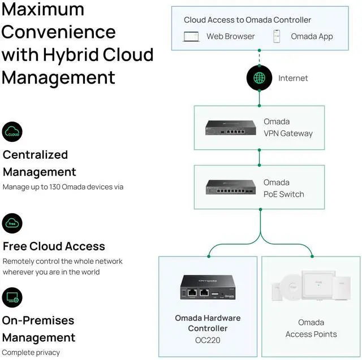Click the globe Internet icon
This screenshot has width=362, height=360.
[260, 78]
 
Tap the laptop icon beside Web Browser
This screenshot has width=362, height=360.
[191, 37]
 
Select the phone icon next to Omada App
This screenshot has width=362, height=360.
[277, 37]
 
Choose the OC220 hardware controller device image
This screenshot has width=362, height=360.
[208, 288]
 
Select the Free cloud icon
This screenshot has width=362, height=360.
[12, 224]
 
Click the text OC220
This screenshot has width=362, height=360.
[208, 341]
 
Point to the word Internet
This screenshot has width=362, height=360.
[293, 78]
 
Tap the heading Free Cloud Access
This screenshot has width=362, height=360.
[54, 246]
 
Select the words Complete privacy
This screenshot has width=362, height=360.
[31, 353]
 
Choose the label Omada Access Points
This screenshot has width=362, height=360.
[311, 328]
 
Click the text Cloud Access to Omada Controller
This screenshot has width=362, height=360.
[247, 20]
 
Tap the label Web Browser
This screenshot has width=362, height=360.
[230, 37]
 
